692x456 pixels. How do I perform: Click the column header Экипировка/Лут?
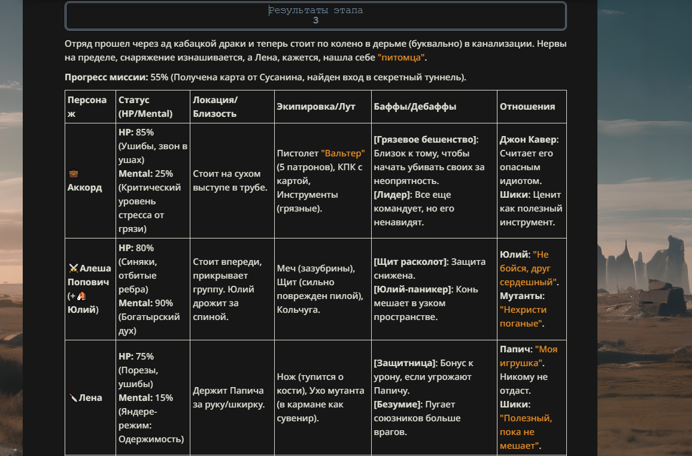coord(315,107)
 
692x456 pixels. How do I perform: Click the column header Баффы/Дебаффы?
coord(415,107)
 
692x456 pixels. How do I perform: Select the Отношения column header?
coord(527,107)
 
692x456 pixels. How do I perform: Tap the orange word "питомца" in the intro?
coord(401,58)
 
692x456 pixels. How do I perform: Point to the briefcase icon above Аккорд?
coord(73,174)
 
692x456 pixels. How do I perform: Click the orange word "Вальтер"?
coord(342,153)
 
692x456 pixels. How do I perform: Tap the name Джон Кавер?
coord(529,140)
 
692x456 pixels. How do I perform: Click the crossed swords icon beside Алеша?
coord(74,268)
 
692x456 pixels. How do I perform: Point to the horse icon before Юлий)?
coord(81,296)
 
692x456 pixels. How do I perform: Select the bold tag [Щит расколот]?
coord(411,262)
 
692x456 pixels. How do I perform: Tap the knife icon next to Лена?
coord(73,398)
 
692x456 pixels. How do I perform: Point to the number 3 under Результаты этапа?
coord(315,20)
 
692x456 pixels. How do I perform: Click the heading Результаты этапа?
coord(315,10)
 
